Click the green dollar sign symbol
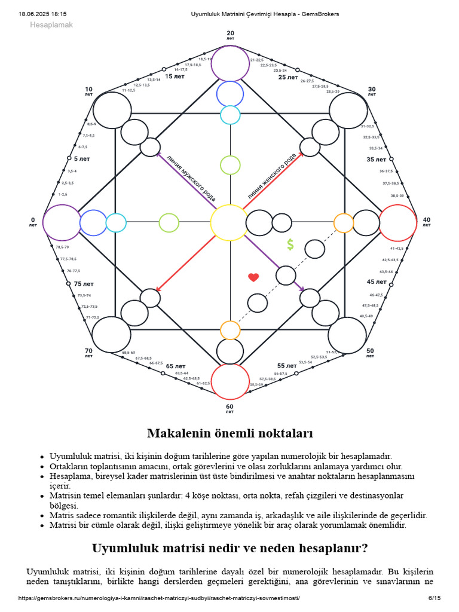[290, 244]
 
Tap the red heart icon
[253, 277]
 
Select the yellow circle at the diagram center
[229, 222]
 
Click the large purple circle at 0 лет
[61, 222]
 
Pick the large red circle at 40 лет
[398, 222]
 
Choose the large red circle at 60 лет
[230, 381]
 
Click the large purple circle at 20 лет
[230, 63]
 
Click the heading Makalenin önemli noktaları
[230, 433]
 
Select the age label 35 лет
[377, 160]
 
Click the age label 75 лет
[83, 284]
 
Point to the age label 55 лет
[287, 366]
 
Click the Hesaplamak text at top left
[51, 25]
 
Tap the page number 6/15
[434, 598]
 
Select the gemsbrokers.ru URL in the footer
[159, 598]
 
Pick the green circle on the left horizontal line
[169, 222]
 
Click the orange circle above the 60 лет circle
[230, 330]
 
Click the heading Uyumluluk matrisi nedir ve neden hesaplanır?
[230, 548]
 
